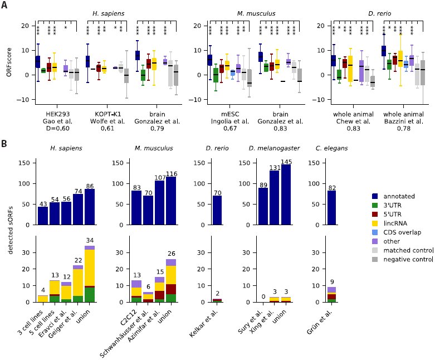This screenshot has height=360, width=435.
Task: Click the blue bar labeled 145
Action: pos(286,194)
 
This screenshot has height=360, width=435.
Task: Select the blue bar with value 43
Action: pos(43,216)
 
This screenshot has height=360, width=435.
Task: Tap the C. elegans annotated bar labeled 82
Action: pos(332,208)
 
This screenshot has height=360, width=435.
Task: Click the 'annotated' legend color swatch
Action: pos(375,196)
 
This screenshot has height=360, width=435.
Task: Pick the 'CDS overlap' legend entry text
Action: pos(402,232)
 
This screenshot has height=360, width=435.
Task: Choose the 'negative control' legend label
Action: pos(408,260)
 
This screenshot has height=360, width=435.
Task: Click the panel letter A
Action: pos(4,4)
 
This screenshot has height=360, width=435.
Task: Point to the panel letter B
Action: pos(4,144)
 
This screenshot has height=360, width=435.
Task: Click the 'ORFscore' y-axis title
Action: pos(8,62)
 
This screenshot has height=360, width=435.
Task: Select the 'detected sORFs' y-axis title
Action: pos(11,230)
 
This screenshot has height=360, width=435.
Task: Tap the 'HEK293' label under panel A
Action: pos(58,114)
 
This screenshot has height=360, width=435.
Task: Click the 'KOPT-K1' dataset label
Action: pos(107,114)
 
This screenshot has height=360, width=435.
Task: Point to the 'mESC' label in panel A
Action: pos(230,114)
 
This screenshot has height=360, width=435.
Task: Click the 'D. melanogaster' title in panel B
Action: pos(274,148)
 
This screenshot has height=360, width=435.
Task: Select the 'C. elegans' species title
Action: pos(331,148)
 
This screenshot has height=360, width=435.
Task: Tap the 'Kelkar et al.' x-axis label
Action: pos(204,323)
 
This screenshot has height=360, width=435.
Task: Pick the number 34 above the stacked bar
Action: pos(90,240)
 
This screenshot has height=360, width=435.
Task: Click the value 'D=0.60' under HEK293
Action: pos(58,128)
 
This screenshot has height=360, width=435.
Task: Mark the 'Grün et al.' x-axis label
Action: pos(320,322)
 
